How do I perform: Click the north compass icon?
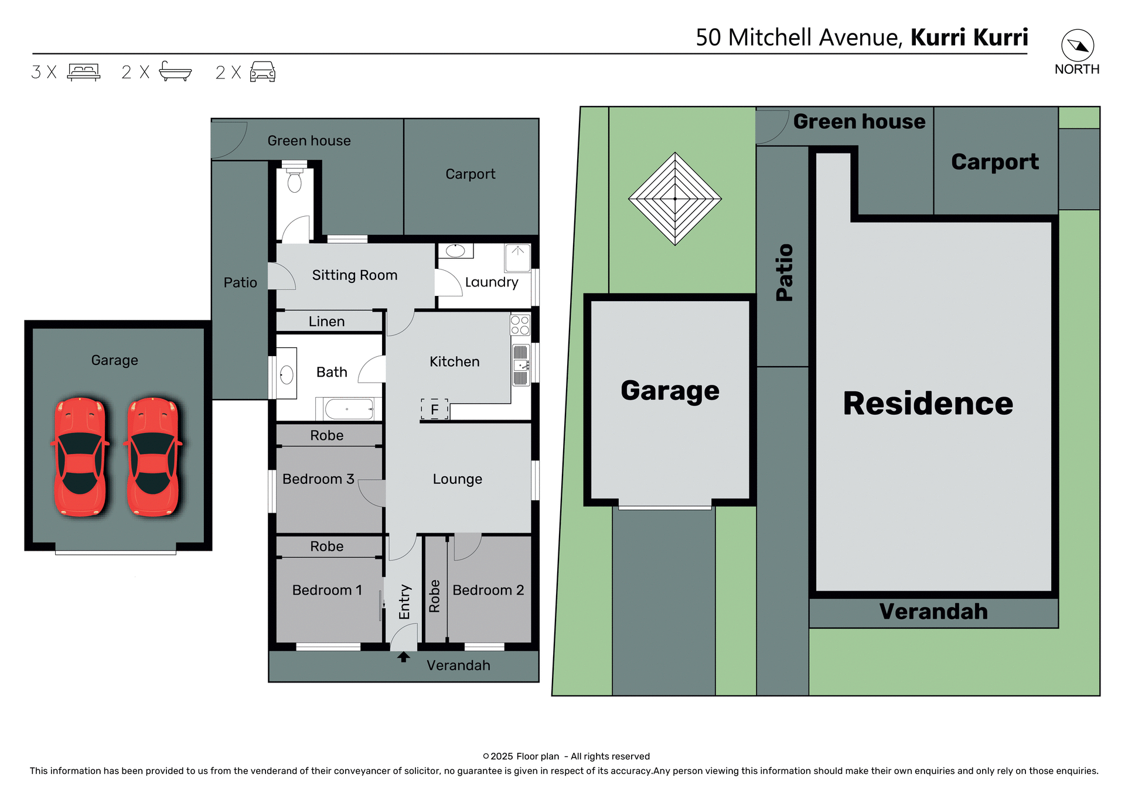point(1078,46)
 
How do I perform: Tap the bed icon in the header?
point(84,71)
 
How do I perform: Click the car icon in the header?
point(262,71)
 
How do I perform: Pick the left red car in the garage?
point(80,456)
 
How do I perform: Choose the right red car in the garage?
point(153,456)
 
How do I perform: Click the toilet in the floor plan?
point(295,182)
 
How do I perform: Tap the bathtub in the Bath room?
point(349,409)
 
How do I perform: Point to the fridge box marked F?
point(434,409)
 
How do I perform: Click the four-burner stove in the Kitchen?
point(520,325)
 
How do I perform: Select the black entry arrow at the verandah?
point(403,657)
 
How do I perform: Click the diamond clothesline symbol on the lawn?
point(675,199)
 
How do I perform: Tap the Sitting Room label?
point(354,275)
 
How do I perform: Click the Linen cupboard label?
point(326,322)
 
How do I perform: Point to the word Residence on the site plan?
point(928,404)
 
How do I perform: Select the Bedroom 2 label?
point(488,590)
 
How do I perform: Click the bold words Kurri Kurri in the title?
point(969,37)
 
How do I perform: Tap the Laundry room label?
point(492,282)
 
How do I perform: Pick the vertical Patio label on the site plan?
point(784,272)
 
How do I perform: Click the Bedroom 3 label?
point(318,479)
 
